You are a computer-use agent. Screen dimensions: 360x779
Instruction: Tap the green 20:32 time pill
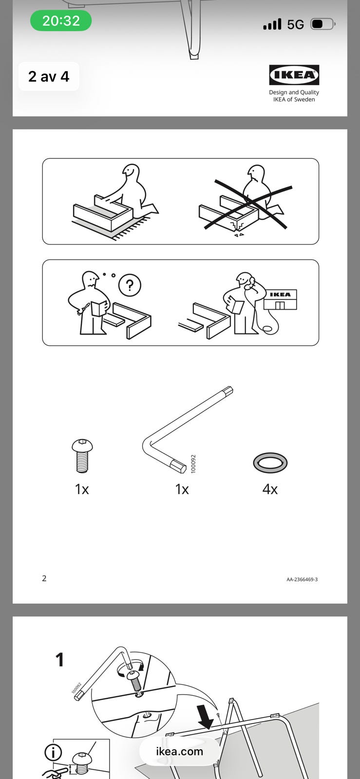pyautogui.click(x=61, y=21)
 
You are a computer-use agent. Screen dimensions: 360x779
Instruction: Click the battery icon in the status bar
pyautogui.click(x=323, y=24)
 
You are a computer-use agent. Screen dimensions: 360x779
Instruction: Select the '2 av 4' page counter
pyautogui.click(x=49, y=76)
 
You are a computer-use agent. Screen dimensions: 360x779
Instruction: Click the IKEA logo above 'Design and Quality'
pyautogui.click(x=294, y=75)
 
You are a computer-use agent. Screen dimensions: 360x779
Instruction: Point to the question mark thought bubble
pyautogui.click(x=130, y=285)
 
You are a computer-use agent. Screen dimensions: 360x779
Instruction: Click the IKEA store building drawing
pyautogui.click(x=280, y=299)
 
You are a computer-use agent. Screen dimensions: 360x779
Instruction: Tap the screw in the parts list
pyautogui.click(x=82, y=456)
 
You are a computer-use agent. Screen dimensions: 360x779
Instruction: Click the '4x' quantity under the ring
pyautogui.click(x=270, y=489)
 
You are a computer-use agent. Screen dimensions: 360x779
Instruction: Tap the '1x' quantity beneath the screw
pyautogui.click(x=82, y=489)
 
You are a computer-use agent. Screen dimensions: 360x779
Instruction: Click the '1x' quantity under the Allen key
pyautogui.click(x=182, y=489)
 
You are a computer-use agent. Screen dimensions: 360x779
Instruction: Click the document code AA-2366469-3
pyautogui.click(x=302, y=579)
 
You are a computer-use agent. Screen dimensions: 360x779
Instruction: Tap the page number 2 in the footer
pyautogui.click(x=44, y=578)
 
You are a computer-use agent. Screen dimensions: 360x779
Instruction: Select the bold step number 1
pyautogui.click(x=60, y=660)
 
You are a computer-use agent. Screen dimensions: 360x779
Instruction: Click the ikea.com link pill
pyautogui.click(x=179, y=751)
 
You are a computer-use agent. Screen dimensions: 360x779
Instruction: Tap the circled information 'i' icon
pyautogui.click(x=53, y=753)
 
